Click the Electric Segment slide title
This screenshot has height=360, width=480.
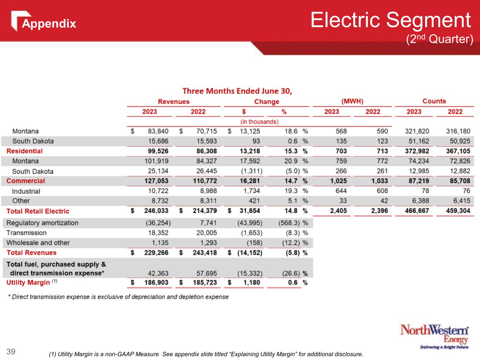[x=390, y=20]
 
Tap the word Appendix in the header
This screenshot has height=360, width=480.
[x=49, y=24]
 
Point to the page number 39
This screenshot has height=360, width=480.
[x=11, y=351]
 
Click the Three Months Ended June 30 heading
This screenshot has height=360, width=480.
[x=237, y=91]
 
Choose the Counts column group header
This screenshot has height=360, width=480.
[x=434, y=101]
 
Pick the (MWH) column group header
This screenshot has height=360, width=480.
[x=352, y=101]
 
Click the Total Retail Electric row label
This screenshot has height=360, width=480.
[x=38, y=211]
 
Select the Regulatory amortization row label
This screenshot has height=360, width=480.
[x=42, y=223]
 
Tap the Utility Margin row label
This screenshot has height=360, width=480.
[x=28, y=283]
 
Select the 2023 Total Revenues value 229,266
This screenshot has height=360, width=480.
[x=156, y=253]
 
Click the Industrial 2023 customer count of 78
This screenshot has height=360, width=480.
[x=425, y=191]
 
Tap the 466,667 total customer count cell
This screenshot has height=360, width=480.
[x=417, y=211]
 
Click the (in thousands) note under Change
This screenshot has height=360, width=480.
[x=260, y=122]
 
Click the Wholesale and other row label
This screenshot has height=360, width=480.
[x=38, y=243]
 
